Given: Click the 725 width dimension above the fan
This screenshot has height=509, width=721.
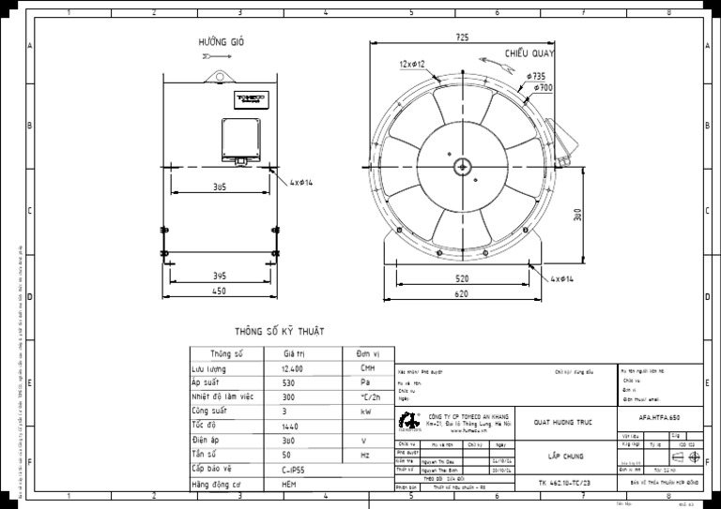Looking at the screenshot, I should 462,37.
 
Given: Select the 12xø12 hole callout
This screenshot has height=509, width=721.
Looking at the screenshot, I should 411,65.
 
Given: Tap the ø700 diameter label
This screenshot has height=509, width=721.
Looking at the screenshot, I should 543,87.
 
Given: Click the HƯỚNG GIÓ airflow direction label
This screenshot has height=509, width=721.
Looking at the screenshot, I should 221,43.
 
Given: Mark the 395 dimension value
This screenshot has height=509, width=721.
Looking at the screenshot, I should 219,276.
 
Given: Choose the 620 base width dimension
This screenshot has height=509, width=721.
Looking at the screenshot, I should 462,294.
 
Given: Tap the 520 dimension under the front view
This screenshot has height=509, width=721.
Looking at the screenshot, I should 462,279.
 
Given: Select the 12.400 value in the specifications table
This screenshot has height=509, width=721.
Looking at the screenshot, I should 292,370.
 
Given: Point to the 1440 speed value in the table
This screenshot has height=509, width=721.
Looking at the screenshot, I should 291,425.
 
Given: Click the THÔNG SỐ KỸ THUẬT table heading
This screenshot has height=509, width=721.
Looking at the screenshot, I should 279,332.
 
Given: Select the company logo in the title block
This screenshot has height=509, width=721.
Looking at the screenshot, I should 408,420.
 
